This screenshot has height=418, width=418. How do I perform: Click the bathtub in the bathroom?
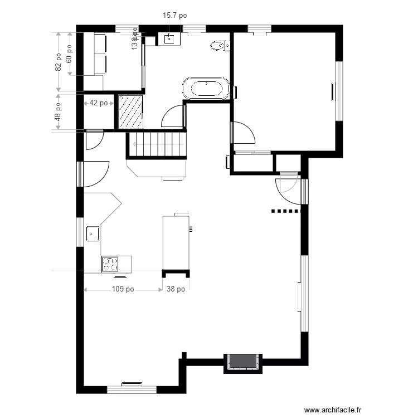click(206, 89)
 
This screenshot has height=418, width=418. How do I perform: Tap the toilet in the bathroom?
click(218, 45)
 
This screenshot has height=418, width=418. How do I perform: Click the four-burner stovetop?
click(110, 264)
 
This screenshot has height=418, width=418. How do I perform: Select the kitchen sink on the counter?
click(93, 234)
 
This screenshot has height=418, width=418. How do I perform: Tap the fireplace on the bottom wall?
click(243, 362)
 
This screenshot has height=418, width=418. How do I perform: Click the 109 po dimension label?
click(123, 289)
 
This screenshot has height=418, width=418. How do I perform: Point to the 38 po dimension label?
click(176, 289)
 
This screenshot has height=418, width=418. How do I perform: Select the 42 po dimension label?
click(100, 103)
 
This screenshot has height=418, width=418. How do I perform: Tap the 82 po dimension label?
click(59, 62)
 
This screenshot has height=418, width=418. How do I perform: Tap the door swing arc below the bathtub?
click(172, 116)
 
